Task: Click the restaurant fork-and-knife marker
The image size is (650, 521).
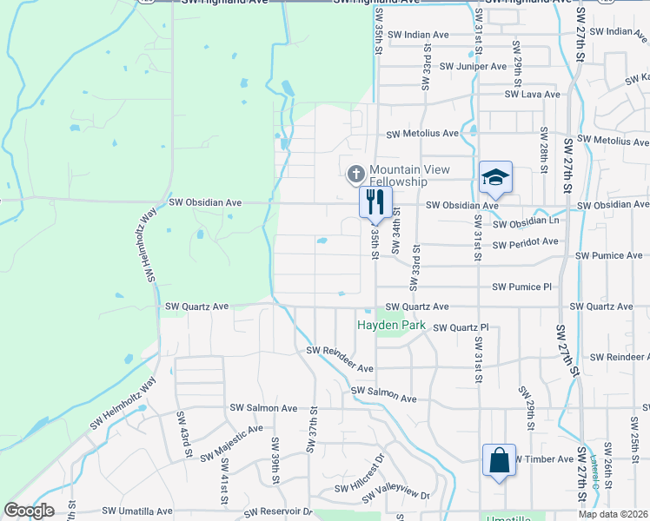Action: (x=375, y=202)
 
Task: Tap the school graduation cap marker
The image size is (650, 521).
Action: (x=495, y=178)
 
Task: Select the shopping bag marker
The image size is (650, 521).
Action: (x=500, y=460)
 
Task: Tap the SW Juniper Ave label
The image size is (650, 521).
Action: (x=473, y=67)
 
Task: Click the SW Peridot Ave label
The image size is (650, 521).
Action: (x=525, y=243)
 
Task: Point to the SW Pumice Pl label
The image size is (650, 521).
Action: (x=521, y=287)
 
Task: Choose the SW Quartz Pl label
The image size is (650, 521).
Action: (x=461, y=327)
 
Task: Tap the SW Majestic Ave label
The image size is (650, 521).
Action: (x=231, y=444)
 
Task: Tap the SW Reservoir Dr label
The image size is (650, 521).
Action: (x=276, y=511)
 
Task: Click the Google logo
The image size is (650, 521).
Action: (x=29, y=511)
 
